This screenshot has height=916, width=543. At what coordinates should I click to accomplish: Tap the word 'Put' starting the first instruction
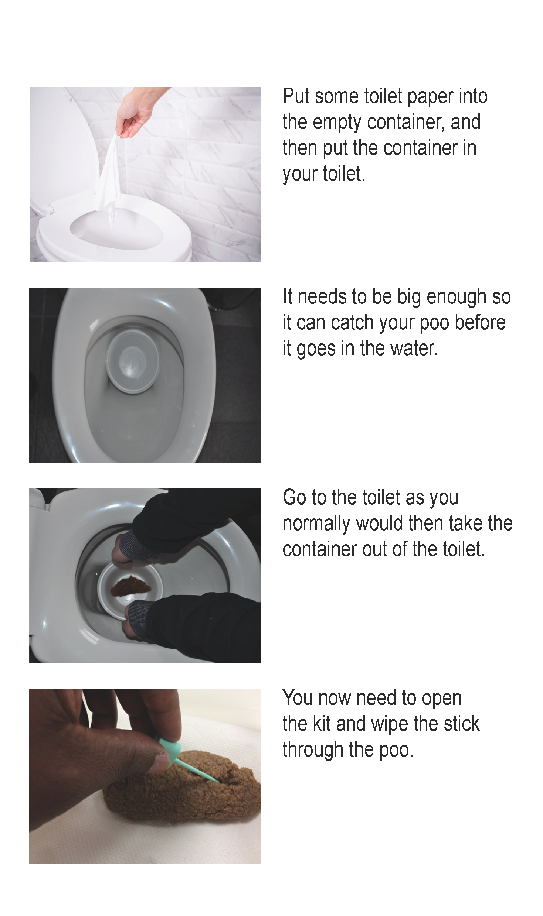tap(296, 96)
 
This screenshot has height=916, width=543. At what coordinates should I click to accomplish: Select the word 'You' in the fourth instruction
tap(298, 698)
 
